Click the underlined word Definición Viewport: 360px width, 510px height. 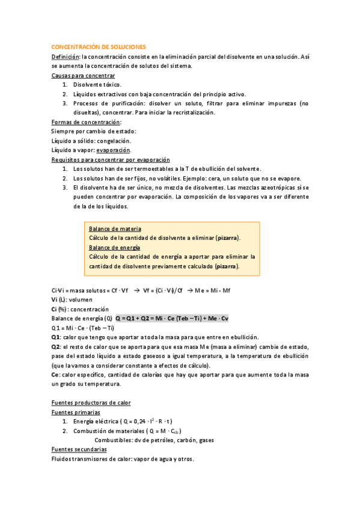[x=66, y=57]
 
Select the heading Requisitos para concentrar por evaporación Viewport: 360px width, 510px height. [x=111, y=159]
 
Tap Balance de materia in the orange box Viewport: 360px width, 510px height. [x=115, y=229]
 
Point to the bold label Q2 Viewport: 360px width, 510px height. [x=56, y=346]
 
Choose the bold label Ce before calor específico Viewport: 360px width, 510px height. [x=55, y=374]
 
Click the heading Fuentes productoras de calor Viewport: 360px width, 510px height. [x=91, y=402]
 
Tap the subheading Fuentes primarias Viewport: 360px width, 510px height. [x=76, y=412]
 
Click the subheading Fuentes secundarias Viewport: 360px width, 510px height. [x=79, y=449]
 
